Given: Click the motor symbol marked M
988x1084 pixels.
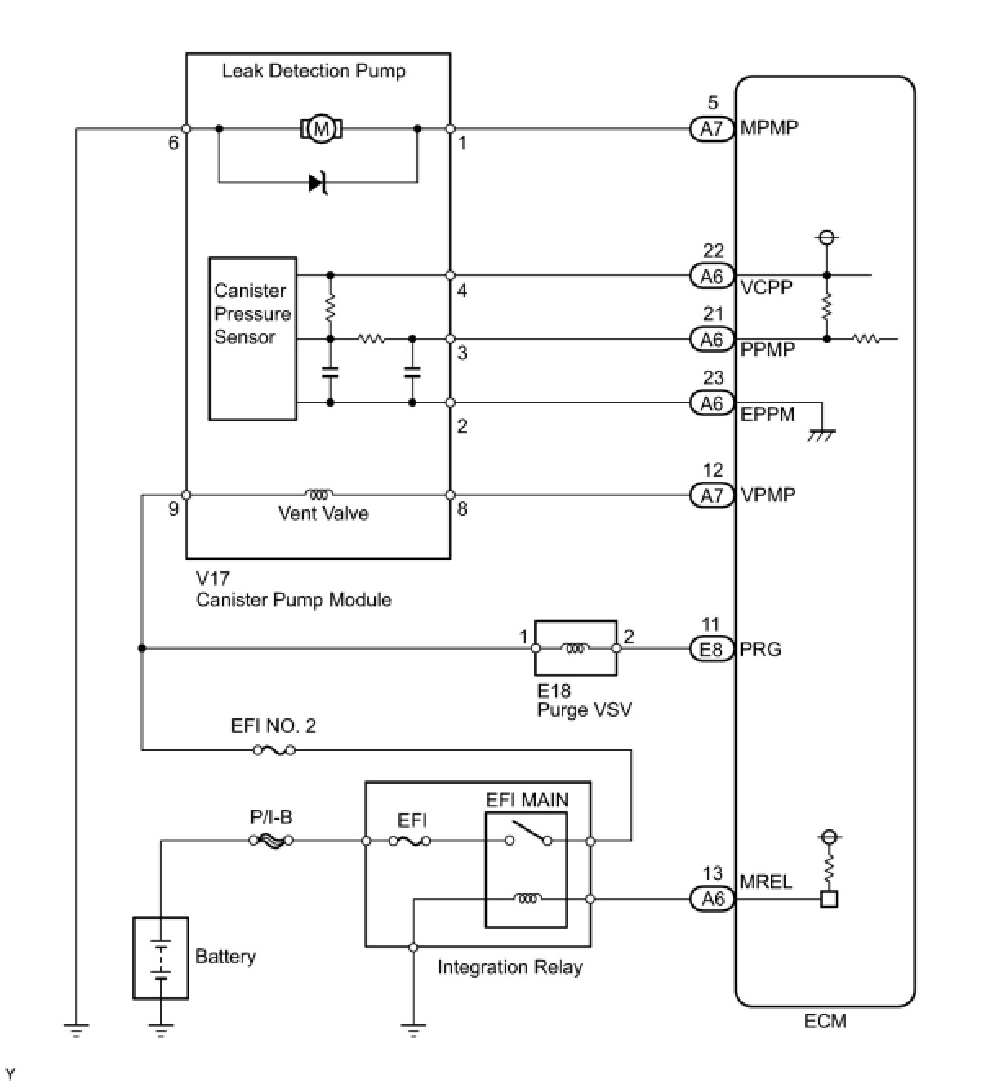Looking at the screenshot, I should pos(321,128).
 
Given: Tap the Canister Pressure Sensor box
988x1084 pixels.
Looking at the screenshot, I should pos(252,339).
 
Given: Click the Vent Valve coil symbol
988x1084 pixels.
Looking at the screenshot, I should pos(318,495).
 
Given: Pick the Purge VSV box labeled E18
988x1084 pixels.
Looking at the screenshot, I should pos(576,648).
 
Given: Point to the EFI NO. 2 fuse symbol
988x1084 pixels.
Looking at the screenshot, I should pos(274,749).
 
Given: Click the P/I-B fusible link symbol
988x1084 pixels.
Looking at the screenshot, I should pos(271,840).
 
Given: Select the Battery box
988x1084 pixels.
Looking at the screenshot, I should pos(161,957).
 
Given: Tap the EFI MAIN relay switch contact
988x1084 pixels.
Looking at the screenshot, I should pos(528,834).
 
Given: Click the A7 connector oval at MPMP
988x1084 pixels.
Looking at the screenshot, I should pos(712,128).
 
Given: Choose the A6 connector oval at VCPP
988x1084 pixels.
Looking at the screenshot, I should pos(712,276).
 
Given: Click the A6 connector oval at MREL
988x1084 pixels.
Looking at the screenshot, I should pos(712,899).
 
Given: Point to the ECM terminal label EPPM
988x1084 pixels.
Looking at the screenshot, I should pos(768,414).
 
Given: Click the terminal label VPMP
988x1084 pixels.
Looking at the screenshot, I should pos(768,495).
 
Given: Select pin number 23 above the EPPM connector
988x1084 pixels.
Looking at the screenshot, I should pos(713,378).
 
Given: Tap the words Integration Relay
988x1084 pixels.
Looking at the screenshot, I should pos(510,967).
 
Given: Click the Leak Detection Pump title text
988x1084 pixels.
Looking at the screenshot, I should pos(314,71).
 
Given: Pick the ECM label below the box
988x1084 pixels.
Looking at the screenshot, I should pos(825,1021).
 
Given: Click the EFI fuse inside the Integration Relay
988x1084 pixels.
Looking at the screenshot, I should pos(411,840).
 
